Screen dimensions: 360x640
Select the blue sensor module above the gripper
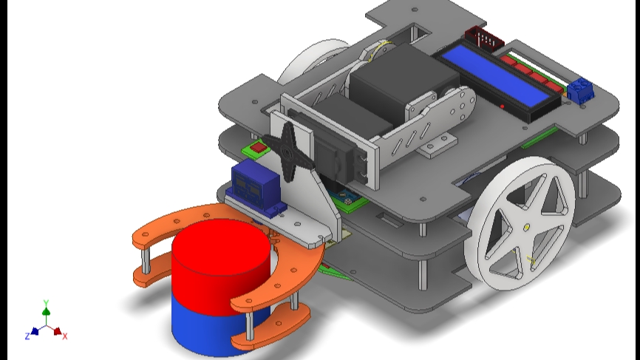[x=253, y=184]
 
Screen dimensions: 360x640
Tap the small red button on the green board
[x=258, y=147]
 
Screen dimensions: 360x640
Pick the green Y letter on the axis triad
[x=46, y=303]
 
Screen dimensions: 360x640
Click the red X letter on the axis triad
[x=65, y=336]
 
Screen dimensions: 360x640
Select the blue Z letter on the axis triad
[x=27, y=336]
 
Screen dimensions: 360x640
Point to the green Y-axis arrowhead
[x=46, y=313]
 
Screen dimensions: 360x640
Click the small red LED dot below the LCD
[x=502, y=106]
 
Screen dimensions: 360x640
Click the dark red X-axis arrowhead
[x=58, y=331]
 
